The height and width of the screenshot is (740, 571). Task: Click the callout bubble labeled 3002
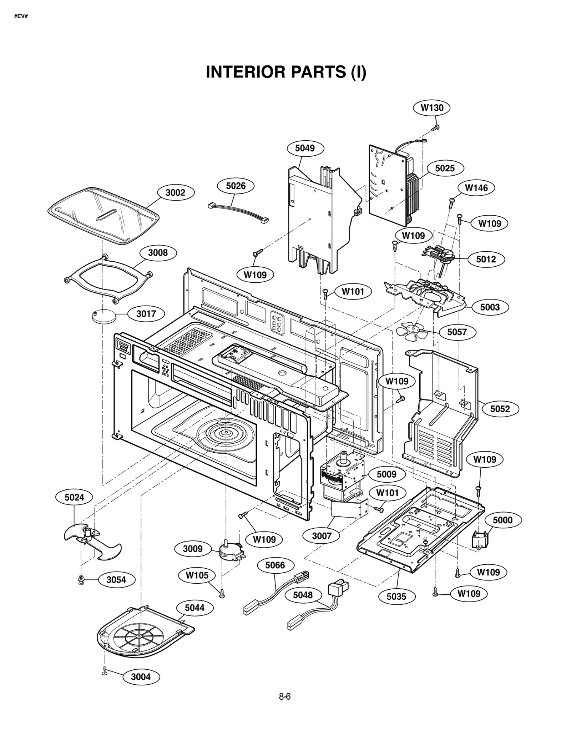tap(176, 193)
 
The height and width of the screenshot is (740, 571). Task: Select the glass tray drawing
tap(103, 216)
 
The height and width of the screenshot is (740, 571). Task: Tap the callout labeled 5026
tap(236, 186)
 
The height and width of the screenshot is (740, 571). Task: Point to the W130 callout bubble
tap(432, 108)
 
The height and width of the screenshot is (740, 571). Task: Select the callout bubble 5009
tap(386, 474)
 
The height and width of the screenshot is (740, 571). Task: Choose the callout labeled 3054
tap(116, 580)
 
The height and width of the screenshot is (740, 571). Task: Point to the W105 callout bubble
tap(197, 575)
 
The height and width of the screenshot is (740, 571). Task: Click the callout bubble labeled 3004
tap(141, 677)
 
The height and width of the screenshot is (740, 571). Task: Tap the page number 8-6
tap(285, 696)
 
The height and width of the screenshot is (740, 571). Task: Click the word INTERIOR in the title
tap(246, 72)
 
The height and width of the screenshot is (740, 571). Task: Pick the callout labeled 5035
tap(396, 596)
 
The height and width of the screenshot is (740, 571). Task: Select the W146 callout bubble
tap(476, 188)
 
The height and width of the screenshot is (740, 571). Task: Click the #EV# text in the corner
tap(21, 16)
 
